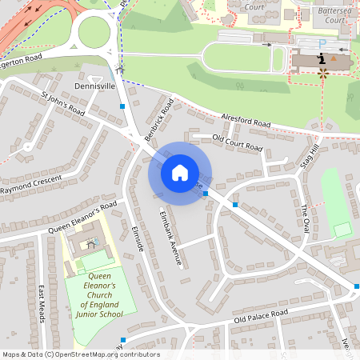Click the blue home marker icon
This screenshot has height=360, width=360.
pos(180,172)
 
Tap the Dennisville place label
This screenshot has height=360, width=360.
pos(95,85)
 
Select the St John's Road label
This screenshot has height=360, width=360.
pos(62,104)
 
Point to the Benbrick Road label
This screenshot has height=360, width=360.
pos(159,121)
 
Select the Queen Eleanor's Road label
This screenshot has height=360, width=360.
pos(82,217)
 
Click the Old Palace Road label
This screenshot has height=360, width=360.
pos(260,318)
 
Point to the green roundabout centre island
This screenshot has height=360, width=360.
pos(94,31)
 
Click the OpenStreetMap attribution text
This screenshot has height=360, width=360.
pos(80,354)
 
